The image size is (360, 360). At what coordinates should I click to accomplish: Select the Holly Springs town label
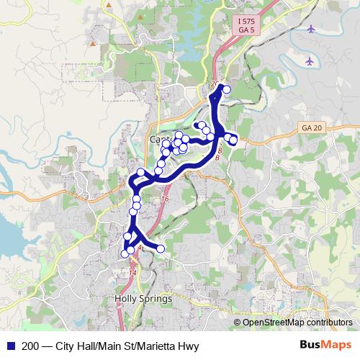tap(143, 298)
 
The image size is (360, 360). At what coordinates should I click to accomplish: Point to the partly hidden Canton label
tap(161, 138)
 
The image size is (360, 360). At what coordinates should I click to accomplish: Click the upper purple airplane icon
tap(310, 29)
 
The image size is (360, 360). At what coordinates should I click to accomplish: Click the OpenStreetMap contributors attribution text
tap(297, 322)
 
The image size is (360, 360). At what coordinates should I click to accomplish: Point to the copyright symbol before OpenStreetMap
tap(237, 322)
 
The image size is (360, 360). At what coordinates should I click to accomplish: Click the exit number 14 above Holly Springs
tap(132, 273)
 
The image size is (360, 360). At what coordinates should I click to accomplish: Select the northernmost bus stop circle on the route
tap(226, 89)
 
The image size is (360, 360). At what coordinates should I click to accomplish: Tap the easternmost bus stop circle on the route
tap(233, 139)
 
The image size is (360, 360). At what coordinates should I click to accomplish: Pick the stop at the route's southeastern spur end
tap(161, 248)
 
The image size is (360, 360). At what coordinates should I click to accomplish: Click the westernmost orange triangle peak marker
tap(93, 45)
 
